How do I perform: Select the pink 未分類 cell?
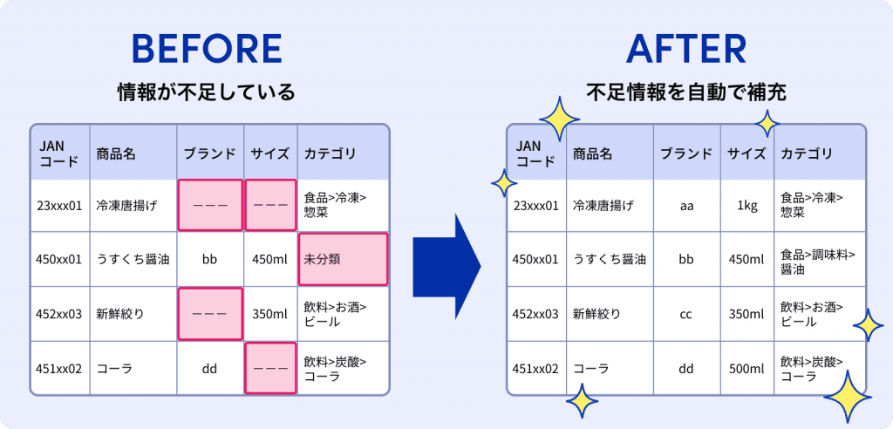pos(343,259)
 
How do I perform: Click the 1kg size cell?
pos(746,206)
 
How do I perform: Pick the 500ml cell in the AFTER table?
pos(746,369)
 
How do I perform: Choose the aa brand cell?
pos(686,206)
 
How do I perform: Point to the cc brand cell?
pos(686,314)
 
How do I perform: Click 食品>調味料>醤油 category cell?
pos(818,260)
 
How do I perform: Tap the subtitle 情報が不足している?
pos(207,92)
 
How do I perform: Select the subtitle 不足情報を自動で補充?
pos(686,92)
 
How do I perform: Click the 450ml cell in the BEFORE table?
pos(269,260)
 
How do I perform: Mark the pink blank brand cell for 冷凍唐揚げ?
pos(210,206)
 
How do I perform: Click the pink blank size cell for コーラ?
pos(269,368)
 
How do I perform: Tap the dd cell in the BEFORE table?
pos(209,368)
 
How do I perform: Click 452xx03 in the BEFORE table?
pos(59,314)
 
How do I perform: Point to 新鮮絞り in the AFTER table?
pos(596,314)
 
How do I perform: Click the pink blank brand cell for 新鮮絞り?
pos(209,314)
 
